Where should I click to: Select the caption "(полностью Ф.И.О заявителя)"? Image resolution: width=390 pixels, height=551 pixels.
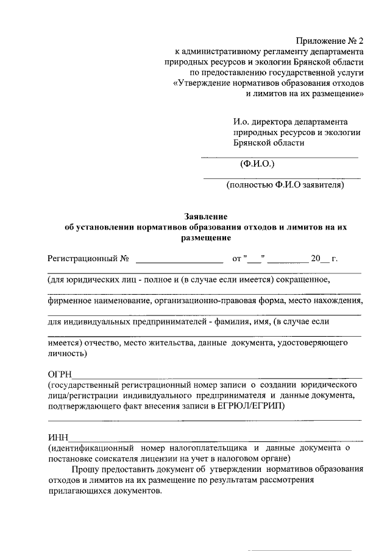285,185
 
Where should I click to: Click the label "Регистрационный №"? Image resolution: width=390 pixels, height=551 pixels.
88,259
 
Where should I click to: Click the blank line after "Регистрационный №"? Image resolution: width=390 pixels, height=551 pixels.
179,260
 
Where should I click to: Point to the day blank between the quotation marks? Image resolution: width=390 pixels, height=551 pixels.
254,260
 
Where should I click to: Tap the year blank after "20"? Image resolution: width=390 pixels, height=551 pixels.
325,260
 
